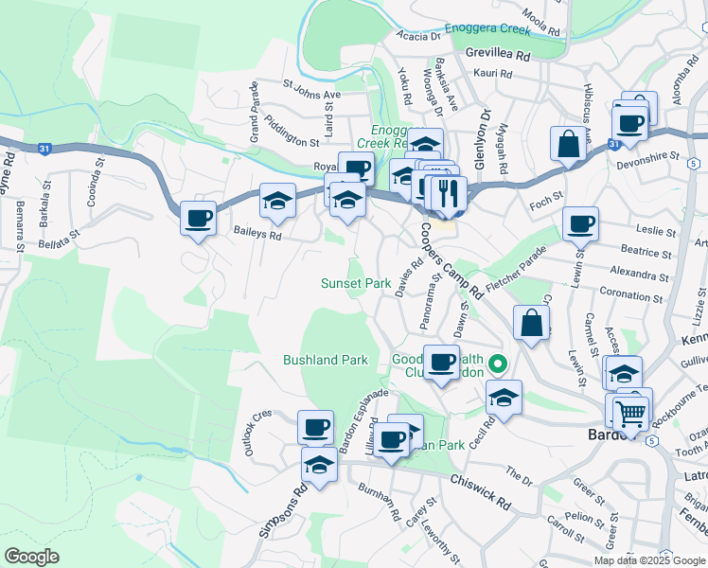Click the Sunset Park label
click(x=355, y=283)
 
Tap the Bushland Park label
click(x=326, y=360)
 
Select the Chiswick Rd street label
click(x=480, y=492)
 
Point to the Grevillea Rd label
click(x=497, y=55)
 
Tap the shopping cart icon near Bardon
click(x=630, y=411)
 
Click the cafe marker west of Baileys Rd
click(x=198, y=219)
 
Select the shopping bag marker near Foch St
click(x=569, y=145)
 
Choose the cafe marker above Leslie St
click(x=580, y=224)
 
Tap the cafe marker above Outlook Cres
click(x=315, y=426)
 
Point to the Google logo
click(x=31, y=557)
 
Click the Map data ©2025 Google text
click(x=649, y=560)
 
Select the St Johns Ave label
click(x=311, y=96)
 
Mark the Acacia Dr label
click(x=420, y=37)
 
